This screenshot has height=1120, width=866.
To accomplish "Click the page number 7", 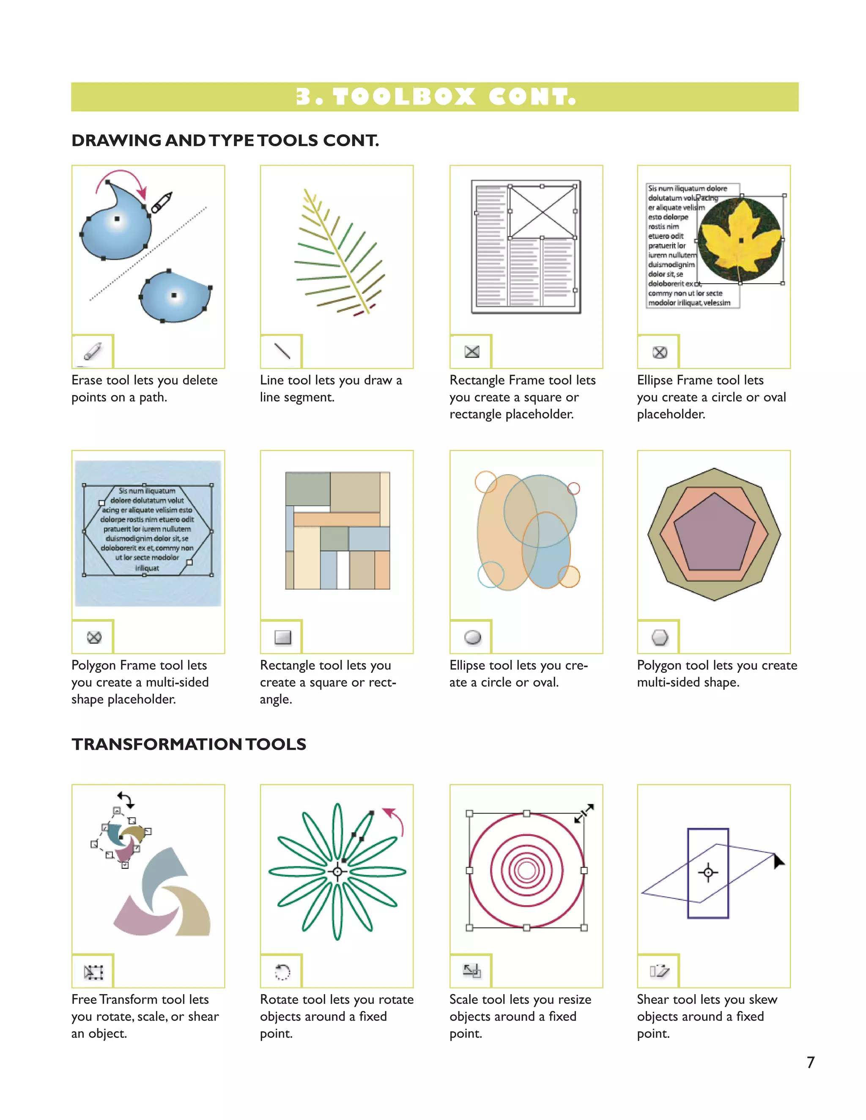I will [x=810, y=1062].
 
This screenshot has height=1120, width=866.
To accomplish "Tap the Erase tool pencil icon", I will [x=93, y=352].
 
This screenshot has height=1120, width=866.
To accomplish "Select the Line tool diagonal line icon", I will [x=282, y=351].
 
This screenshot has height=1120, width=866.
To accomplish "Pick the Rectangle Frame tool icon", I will [x=471, y=352].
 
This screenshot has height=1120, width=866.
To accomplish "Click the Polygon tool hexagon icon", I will [x=660, y=637].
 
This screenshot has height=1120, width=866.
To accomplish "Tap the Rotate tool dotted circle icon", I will [x=282, y=972].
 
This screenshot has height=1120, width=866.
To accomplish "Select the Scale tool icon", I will [x=471, y=971].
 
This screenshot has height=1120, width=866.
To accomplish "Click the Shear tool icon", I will [x=659, y=971].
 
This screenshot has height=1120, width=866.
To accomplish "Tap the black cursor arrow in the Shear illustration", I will [x=778, y=861].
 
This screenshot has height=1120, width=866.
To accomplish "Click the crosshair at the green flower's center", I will [x=337, y=872].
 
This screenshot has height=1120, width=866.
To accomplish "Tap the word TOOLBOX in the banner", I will [x=404, y=97].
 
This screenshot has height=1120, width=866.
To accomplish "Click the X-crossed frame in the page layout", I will [x=542, y=212].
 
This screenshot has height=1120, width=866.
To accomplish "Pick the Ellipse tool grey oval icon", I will [x=472, y=637].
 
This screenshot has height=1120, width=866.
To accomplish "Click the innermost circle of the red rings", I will [x=526, y=870].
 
